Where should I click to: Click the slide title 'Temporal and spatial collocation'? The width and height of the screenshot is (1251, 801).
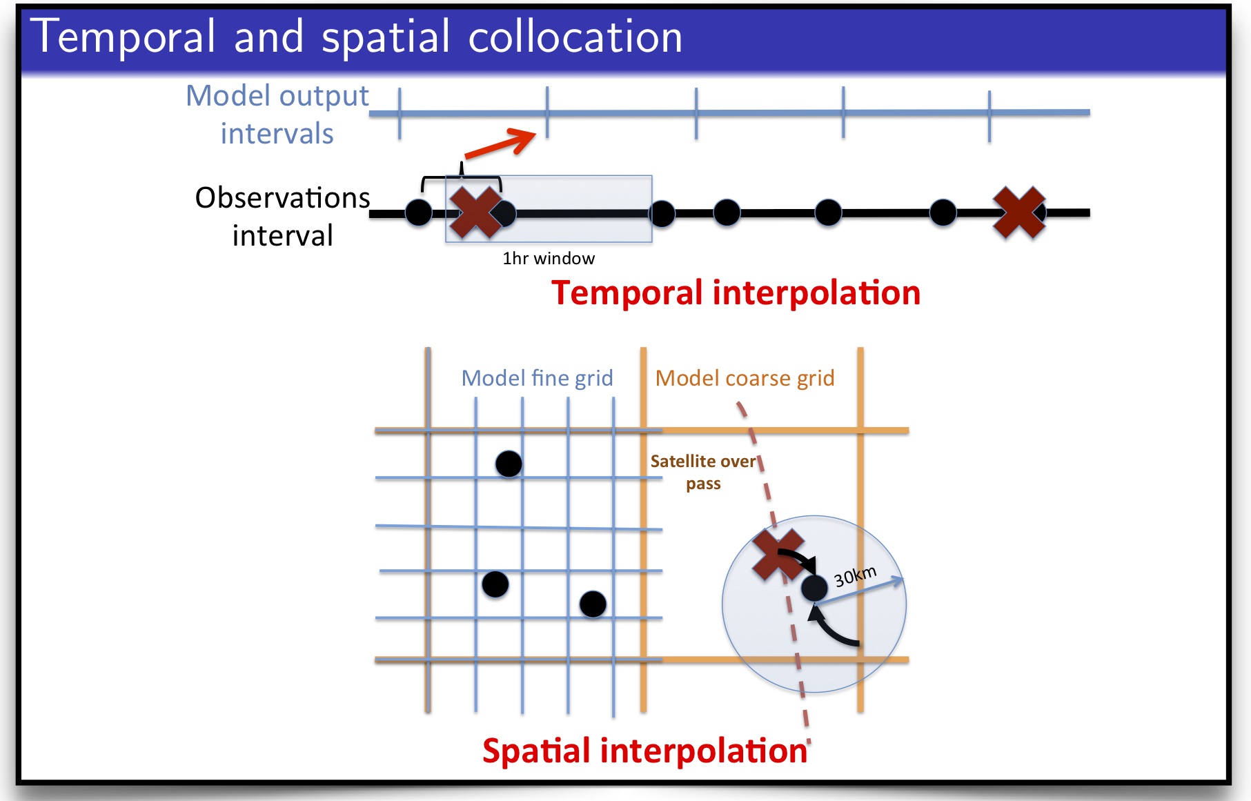(356, 37)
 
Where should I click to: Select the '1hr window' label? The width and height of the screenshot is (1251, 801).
(549, 259)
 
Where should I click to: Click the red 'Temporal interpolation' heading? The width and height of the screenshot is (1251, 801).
(736, 293)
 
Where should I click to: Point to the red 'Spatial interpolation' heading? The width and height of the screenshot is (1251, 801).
(645, 751)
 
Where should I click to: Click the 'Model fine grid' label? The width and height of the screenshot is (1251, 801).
(537, 378)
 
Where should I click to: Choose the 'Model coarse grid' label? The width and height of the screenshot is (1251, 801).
(745, 378)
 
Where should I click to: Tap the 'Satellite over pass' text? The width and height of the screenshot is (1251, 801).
(703, 472)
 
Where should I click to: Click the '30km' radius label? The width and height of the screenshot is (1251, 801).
(855, 575)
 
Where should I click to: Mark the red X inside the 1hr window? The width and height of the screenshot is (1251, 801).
(475, 212)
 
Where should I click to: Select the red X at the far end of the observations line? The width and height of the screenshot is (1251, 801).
(1019, 212)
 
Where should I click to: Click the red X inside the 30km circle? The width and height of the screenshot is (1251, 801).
(778, 555)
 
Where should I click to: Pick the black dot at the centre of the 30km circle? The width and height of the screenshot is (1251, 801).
(814, 588)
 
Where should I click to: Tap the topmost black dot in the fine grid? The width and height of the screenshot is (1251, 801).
(509, 464)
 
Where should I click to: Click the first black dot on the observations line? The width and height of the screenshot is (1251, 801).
(419, 212)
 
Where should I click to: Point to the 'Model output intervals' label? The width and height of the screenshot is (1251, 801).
(277, 115)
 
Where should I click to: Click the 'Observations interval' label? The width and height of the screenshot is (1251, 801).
(283, 217)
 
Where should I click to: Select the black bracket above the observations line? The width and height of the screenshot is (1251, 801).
(462, 177)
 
